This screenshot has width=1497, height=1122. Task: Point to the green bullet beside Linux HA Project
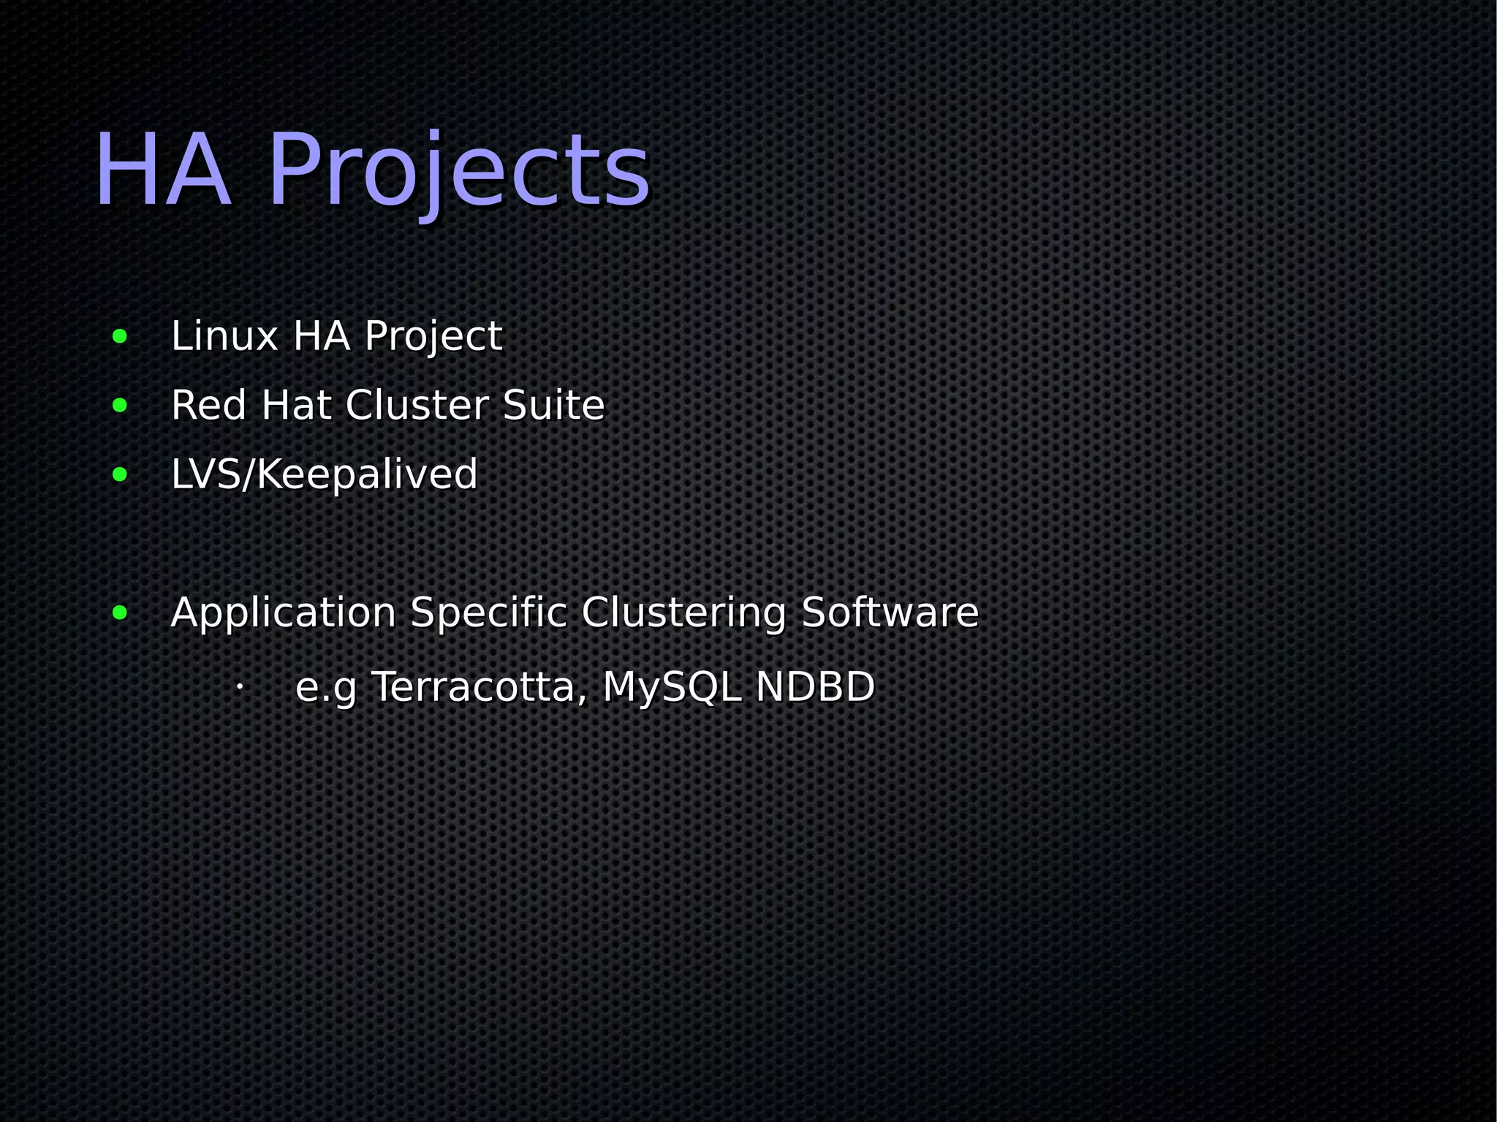[x=120, y=337]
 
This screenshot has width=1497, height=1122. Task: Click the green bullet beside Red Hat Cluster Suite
[x=120, y=406]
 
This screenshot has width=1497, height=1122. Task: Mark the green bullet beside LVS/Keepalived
[x=120, y=475]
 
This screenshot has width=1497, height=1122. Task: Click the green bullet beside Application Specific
[x=120, y=613]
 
